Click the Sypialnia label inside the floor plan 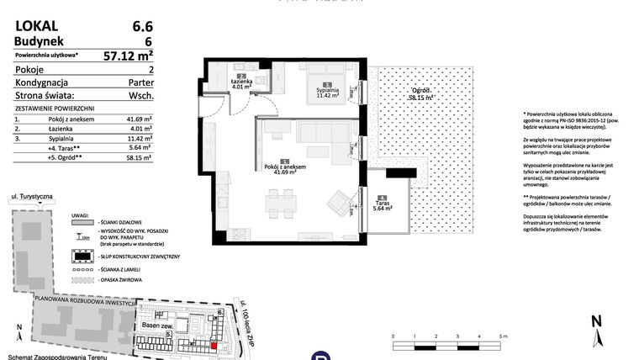(327, 91)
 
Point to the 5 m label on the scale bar (502, 336)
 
